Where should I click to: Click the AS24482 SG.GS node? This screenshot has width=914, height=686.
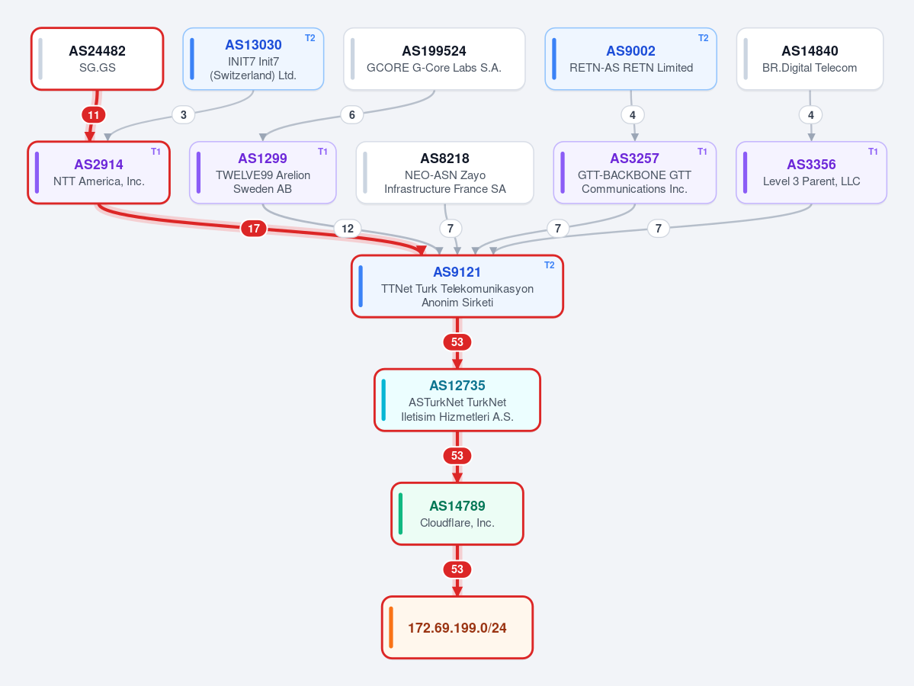(98, 59)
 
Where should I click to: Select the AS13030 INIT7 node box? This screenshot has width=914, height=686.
(253, 59)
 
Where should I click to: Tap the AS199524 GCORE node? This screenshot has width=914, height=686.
(435, 59)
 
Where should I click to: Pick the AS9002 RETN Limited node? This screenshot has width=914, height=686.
(630, 59)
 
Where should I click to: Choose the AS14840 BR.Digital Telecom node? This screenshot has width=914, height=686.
(810, 59)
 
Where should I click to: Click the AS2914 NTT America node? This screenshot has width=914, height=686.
(98, 172)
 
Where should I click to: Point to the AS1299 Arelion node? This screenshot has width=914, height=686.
(263, 172)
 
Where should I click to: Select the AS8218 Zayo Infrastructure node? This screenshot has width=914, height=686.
(444, 172)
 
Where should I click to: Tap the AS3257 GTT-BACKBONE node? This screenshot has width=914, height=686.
(635, 172)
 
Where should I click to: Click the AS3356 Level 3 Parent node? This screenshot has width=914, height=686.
(811, 172)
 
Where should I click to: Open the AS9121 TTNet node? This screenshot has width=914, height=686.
(457, 286)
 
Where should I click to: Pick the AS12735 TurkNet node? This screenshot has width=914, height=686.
(457, 400)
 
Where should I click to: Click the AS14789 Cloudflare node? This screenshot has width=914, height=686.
(457, 514)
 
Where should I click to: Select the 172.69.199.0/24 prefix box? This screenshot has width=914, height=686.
(457, 627)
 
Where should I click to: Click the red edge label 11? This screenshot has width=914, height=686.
(93, 115)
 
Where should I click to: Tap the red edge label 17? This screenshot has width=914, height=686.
(254, 229)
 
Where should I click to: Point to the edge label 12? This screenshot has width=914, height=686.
(348, 229)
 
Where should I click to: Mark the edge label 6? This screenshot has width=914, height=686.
(351, 115)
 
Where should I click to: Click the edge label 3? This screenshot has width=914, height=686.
(183, 115)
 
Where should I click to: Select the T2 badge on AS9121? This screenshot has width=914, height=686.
(549, 265)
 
